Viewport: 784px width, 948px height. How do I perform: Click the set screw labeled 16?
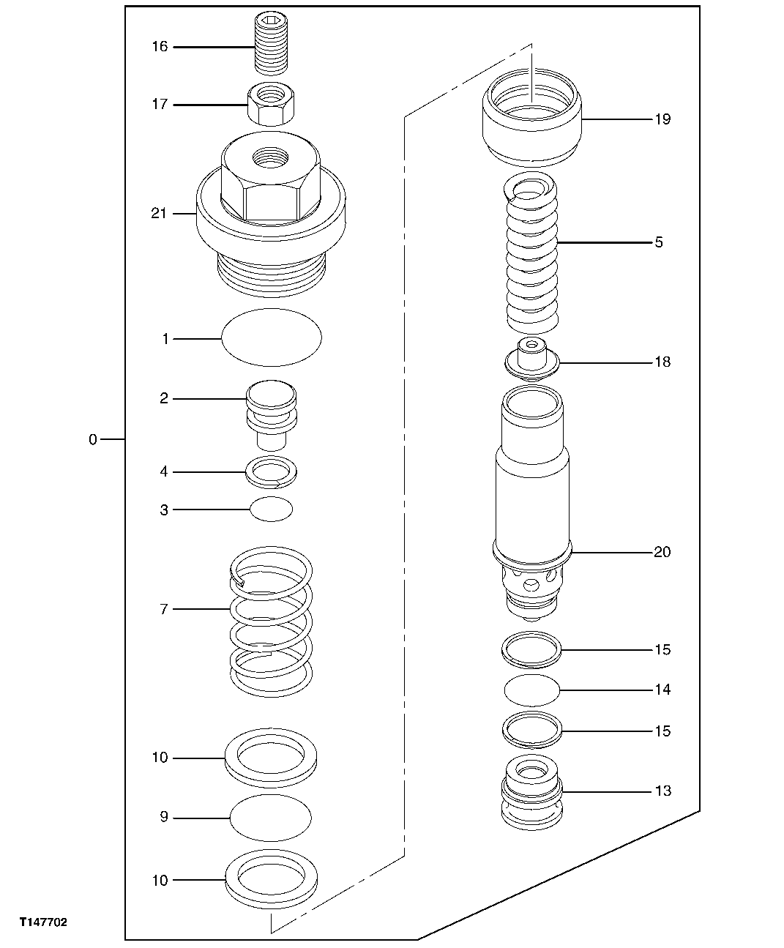coord(271,45)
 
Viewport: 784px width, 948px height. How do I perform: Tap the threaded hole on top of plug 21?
coord(270,156)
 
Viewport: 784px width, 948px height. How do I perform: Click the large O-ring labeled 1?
coord(271,337)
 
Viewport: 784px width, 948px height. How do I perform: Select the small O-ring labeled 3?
coord(271,509)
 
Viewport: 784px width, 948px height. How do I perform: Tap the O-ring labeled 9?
coord(270,816)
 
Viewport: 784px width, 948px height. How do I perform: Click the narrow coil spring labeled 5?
coord(532,256)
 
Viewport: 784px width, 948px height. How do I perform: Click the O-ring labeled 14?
coord(532,690)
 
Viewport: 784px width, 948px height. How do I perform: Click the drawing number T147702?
coord(43,923)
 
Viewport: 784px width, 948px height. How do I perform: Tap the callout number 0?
coord(92,440)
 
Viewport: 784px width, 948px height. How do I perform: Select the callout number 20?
coord(661,552)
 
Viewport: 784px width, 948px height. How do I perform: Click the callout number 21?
coord(159,214)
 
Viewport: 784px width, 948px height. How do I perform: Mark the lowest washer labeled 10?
coord(271,878)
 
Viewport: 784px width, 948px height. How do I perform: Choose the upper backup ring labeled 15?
coord(532,649)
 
